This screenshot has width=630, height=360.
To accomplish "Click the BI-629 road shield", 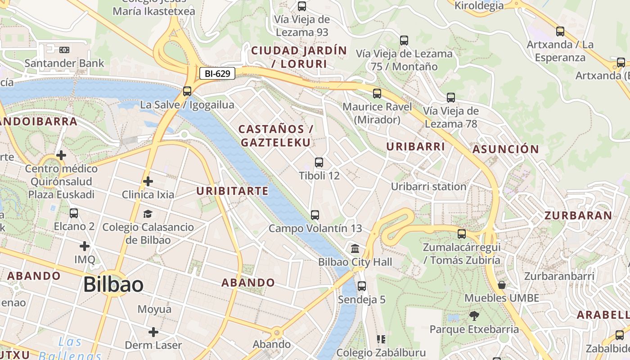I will [x=217, y=73].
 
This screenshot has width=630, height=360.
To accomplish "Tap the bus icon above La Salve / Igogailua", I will [x=187, y=91].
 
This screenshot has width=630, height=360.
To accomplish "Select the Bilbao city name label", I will [x=113, y=284].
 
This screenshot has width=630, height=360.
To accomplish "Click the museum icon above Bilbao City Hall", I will [x=355, y=248].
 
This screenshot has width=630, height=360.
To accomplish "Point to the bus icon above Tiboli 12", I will [x=319, y=162].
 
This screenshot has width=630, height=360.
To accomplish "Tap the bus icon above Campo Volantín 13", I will [x=315, y=215].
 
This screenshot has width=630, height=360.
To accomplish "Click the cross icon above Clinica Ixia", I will [x=148, y=181].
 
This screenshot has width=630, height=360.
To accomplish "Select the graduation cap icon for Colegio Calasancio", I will [x=148, y=214].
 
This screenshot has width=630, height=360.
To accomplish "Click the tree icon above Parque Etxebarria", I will [x=474, y=316].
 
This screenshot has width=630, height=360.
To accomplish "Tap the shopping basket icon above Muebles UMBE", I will [x=502, y=285].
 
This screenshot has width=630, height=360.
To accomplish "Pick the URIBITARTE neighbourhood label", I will [x=232, y=191].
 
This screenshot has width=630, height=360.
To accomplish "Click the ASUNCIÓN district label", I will [x=505, y=149].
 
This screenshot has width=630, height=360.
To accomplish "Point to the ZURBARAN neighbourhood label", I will [x=578, y=215].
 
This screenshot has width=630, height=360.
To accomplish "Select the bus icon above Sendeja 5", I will [x=361, y=286].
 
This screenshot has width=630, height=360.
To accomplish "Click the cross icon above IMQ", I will [x=85, y=246].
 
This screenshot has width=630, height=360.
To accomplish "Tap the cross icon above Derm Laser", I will [x=153, y=332].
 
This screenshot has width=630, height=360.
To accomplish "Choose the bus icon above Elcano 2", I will [x=74, y=213].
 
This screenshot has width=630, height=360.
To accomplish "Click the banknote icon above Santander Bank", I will [x=64, y=49].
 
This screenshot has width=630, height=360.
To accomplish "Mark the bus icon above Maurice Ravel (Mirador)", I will [x=377, y=94].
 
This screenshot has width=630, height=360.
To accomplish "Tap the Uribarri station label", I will [x=428, y=186].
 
